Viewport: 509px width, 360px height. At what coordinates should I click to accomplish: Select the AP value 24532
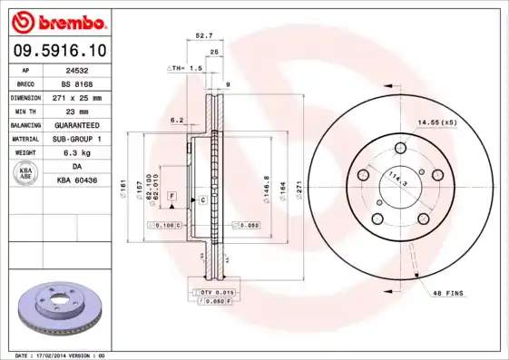(88, 69)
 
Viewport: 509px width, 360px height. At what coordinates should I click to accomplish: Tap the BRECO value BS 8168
(88, 83)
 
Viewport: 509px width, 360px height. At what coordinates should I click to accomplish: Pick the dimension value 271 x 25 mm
(88, 97)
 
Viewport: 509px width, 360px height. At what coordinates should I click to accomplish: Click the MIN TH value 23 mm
(88, 111)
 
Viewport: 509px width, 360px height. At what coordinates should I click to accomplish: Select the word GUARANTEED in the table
(88, 124)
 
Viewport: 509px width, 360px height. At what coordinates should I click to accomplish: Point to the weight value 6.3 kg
(88, 152)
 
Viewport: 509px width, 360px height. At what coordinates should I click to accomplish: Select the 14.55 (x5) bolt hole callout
(437, 122)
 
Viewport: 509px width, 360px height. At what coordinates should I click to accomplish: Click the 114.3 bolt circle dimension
(396, 179)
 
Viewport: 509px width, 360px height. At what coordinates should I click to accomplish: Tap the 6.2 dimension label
(177, 120)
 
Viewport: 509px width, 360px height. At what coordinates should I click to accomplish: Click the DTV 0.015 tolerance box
(214, 292)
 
